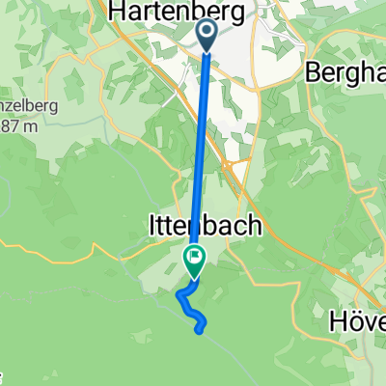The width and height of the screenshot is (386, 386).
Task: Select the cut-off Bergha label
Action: (346, 71)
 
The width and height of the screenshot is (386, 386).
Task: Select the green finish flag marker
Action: (195, 258)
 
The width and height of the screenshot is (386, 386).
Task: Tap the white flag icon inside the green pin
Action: (195, 256)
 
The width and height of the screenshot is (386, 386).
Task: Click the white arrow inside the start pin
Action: (208, 32)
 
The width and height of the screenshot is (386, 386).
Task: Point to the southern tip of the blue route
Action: (200, 331)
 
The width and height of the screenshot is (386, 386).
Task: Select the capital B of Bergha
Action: (315, 71)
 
